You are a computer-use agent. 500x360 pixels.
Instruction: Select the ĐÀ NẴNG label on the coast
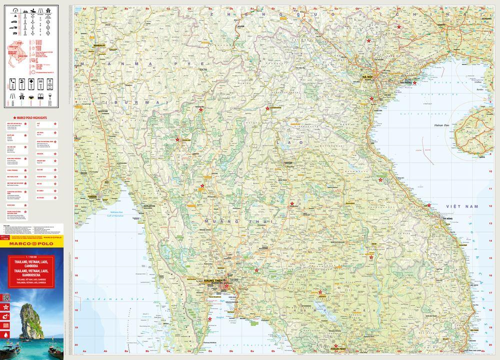pos(447,218)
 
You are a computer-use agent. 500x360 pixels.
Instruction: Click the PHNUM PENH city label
pos(340,348)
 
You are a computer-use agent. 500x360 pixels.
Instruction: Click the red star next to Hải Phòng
pos(414,83)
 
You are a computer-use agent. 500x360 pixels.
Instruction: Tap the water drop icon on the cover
pos(6,334)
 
